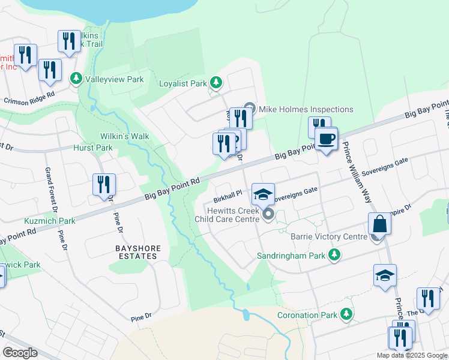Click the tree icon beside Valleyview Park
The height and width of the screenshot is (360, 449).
[76, 79]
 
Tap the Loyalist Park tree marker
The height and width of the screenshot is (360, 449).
[215, 83]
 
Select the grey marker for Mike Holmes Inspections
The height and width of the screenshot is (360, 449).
[250, 109]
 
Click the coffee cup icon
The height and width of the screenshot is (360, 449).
[326, 140]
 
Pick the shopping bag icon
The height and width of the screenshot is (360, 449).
[379, 225]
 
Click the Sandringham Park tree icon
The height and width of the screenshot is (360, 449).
[334, 256]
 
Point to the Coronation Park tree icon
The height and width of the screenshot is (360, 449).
[346, 314]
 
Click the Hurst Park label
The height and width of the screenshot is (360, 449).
[92, 148]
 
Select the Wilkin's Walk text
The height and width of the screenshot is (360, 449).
[125, 136]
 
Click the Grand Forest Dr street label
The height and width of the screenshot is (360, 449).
[50, 191]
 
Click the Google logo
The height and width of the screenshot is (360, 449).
[20, 353]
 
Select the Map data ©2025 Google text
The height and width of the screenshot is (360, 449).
[412, 355]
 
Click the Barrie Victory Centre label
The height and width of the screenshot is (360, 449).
[328, 237]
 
